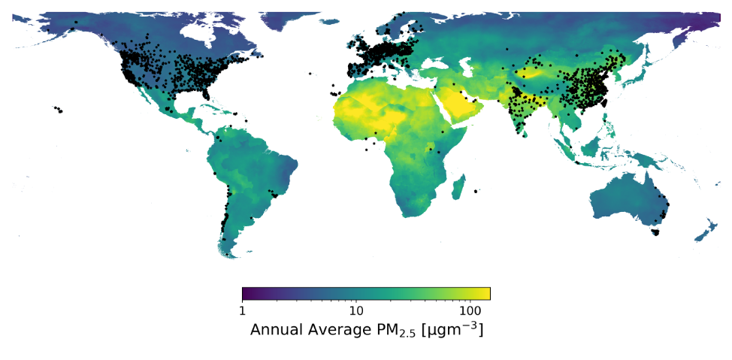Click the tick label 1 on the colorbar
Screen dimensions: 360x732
coord(242,310)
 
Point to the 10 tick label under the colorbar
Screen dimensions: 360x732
coord(356,310)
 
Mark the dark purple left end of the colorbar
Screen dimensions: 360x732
coord(245,293)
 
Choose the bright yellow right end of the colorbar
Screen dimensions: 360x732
coord(488,293)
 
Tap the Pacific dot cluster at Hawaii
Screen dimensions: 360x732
coord(58,110)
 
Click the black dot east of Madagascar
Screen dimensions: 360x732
coord(476,192)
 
